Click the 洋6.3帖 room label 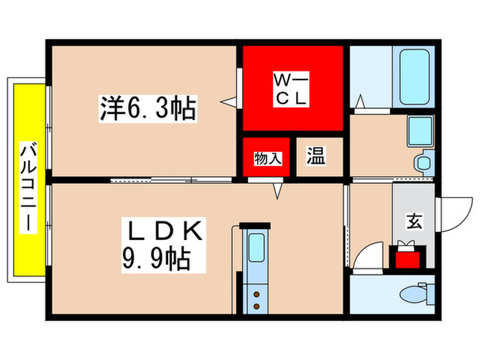[148, 108]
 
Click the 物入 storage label [267, 158]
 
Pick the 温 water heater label [315, 156]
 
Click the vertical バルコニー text [28, 187]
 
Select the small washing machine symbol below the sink [422, 163]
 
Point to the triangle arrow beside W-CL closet [228, 102]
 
